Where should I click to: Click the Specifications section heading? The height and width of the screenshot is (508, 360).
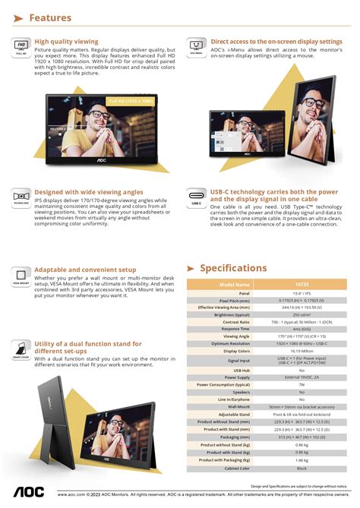233,268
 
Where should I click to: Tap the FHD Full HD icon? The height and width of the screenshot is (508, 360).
21,48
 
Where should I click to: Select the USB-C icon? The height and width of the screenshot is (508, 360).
197,200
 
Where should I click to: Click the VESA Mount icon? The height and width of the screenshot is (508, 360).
21,276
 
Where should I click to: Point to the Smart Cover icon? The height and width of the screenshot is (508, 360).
21,350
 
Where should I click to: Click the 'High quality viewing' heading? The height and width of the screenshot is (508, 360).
66,42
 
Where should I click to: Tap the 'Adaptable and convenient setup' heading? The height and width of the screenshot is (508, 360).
85,270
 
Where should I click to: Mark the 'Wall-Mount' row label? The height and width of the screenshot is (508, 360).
239,406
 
